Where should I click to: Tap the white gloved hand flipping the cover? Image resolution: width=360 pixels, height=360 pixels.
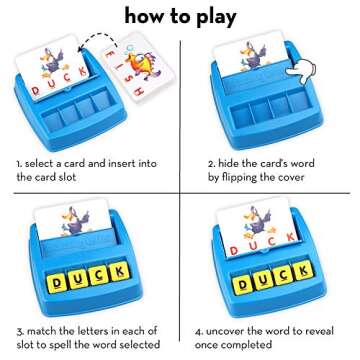coord(303,71)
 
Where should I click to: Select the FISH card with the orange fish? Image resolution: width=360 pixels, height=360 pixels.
coord(137,67)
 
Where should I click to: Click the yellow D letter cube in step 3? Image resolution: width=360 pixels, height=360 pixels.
coord(57,283)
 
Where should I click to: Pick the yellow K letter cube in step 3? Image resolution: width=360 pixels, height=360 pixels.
coord(120,272)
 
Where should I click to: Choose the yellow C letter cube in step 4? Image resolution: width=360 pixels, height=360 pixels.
coord(283,276)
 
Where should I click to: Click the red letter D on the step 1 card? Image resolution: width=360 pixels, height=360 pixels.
coord(36,91)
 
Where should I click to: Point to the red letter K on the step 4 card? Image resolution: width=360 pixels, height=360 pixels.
coord(291,237)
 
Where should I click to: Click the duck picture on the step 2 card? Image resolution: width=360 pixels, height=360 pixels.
coord(253,56)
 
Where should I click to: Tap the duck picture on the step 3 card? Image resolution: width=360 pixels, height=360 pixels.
coord(76,220)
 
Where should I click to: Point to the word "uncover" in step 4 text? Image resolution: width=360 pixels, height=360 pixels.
coord(224,331)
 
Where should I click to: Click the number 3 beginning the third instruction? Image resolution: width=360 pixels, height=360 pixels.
coord(19,332)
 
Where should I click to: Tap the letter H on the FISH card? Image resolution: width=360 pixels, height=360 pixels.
coord(139,90)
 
